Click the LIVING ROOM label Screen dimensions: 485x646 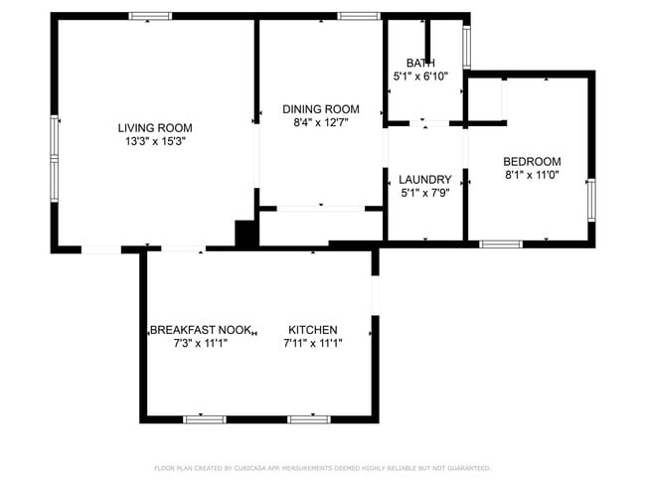click(154, 127)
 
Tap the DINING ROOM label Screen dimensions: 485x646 click(320, 109)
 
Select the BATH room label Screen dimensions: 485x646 click(420, 63)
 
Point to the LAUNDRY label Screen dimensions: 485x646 click(424, 180)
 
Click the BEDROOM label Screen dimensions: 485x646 click(532, 162)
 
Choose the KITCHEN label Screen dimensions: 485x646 click(313, 330)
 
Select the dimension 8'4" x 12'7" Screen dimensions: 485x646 click(320, 123)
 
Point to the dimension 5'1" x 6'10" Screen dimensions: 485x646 click(420, 76)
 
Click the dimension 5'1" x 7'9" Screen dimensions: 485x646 click(424, 194)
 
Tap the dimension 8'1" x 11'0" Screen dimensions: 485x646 click(532, 176)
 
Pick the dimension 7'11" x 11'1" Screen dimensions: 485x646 click(313, 344)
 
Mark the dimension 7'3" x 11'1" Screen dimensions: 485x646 click(201, 344)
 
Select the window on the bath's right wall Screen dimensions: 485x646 click(466, 46)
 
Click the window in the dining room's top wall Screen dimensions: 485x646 click(358, 16)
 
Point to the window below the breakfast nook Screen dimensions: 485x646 click(205, 419)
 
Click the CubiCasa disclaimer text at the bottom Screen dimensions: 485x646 click(322, 468)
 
